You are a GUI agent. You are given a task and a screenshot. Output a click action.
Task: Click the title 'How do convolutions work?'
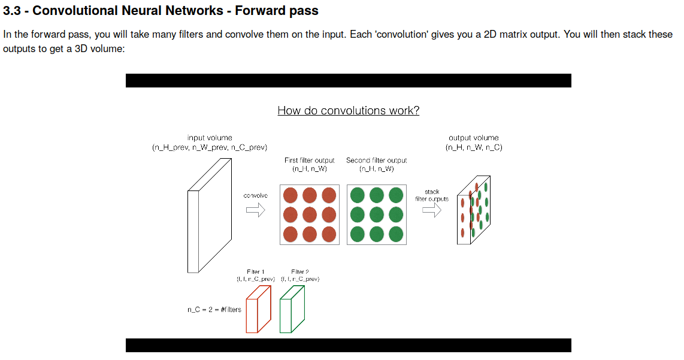(348, 110)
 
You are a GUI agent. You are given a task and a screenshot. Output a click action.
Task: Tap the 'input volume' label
(210, 138)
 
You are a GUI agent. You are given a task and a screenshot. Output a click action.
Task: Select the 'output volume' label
(473, 138)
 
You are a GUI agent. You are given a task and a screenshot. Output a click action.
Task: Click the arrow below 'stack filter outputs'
(432, 210)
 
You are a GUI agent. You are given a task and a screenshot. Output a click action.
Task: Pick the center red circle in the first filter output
(310, 214)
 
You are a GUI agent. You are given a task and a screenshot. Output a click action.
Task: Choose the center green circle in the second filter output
(376, 214)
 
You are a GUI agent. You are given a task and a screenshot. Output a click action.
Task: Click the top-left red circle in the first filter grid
(290, 195)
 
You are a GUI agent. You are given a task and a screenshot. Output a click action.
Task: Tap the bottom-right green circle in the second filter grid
(396, 234)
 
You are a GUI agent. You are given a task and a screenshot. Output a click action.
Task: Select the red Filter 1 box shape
(259, 309)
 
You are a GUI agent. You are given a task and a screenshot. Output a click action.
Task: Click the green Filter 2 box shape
(293, 309)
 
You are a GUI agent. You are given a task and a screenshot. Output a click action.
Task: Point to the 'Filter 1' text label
(256, 272)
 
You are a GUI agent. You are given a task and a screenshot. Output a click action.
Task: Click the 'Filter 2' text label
(299, 272)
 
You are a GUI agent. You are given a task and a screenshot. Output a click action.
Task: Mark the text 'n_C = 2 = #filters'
(214, 310)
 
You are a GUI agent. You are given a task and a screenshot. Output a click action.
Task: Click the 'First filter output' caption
(309, 161)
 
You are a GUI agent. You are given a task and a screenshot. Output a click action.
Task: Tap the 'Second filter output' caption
(376, 161)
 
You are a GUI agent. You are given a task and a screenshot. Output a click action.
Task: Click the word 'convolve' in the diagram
(256, 196)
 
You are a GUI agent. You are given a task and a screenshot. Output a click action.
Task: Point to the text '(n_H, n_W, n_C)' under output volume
(473, 147)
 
